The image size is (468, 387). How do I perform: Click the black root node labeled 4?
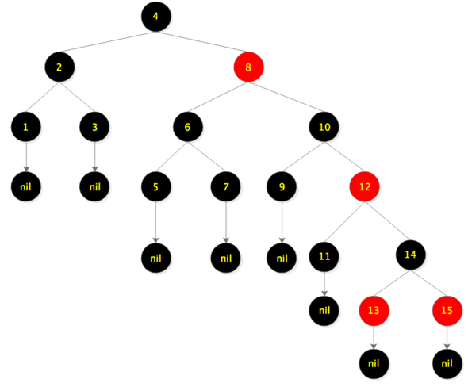156,17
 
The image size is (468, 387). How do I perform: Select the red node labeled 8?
248,67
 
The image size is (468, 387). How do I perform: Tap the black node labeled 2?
59,67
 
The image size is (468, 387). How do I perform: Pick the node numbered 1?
26,127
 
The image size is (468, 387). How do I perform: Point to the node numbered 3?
94,127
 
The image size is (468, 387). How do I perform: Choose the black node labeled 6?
188,127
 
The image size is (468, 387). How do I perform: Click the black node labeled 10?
324,127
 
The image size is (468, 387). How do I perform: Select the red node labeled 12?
364,187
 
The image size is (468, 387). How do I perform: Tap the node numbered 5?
156,187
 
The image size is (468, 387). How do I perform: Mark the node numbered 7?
226,187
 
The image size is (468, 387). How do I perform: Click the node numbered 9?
282,187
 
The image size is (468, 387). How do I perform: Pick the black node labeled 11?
324,257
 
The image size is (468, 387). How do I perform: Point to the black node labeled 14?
411,255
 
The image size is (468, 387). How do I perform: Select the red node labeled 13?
374,311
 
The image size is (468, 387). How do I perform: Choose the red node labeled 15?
447,311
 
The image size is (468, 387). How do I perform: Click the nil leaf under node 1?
26,187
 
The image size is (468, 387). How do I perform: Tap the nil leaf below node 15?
447,364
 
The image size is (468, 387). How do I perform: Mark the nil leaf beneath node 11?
324,311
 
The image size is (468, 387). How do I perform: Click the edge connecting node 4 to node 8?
202,42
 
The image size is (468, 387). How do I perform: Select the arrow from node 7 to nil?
226,223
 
